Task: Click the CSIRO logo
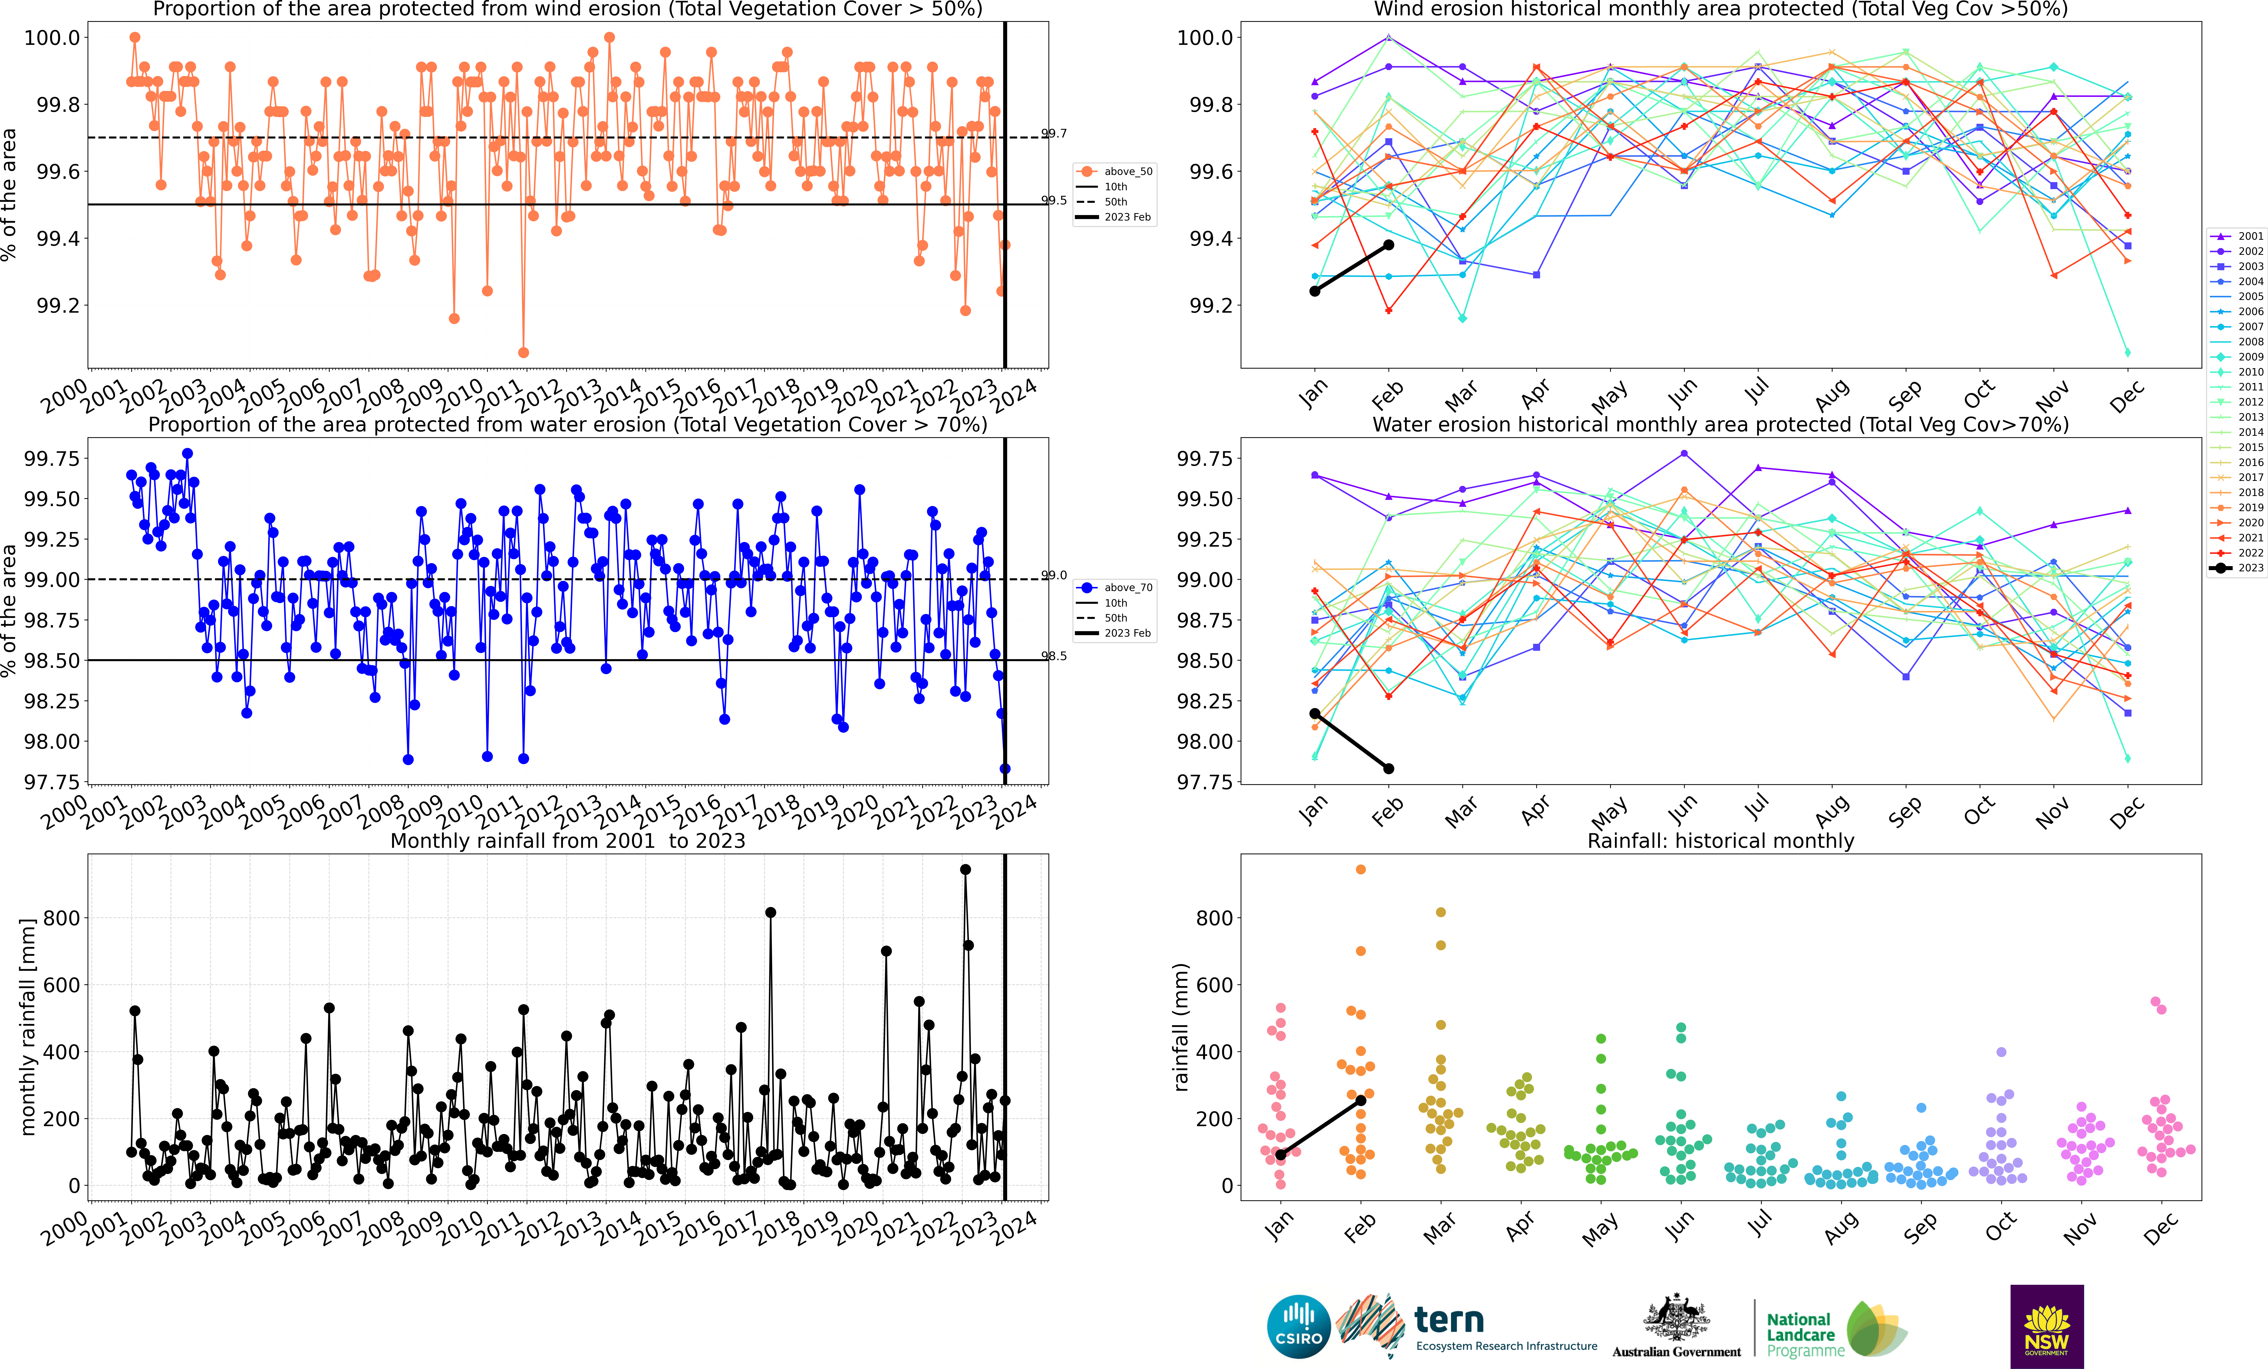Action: click(x=1299, y=1327)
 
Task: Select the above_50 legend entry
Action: click(x=1116, y=171)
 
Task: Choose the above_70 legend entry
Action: click(x=1116, y=587)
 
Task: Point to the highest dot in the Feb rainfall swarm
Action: click(x=1360, y=869)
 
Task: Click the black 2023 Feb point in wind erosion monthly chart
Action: click(x=1389, y=245)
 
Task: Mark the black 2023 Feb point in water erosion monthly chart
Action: click(x=1389, y=769)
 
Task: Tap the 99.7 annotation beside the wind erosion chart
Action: click(x=1054, y=133)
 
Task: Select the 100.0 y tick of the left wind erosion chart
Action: click(x=52, y=38)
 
